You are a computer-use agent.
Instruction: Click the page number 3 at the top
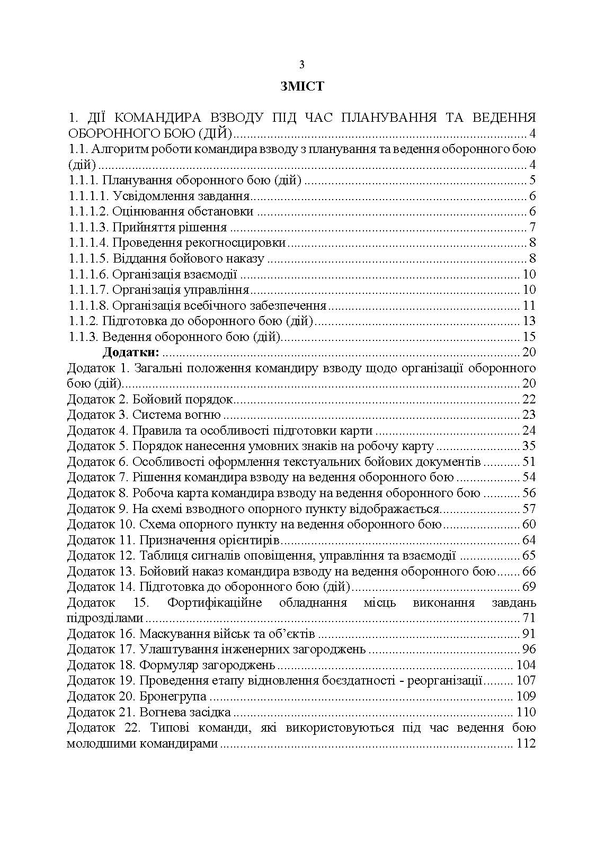(301, 65)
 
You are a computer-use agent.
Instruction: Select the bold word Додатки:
(131, 352)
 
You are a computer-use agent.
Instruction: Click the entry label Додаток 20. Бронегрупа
(137, 696)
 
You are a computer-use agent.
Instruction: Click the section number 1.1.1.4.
(88, 243)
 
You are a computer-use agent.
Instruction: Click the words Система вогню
(176, 415)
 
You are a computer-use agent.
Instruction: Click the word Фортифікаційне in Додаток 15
(215, 602)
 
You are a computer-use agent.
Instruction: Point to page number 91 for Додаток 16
(529, 634)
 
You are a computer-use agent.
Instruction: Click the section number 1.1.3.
(83, 337)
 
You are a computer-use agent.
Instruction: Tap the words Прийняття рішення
(170, 228)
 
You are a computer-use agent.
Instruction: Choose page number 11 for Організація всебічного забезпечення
(529, 305)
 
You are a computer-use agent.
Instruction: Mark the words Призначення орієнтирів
(209, 541)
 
